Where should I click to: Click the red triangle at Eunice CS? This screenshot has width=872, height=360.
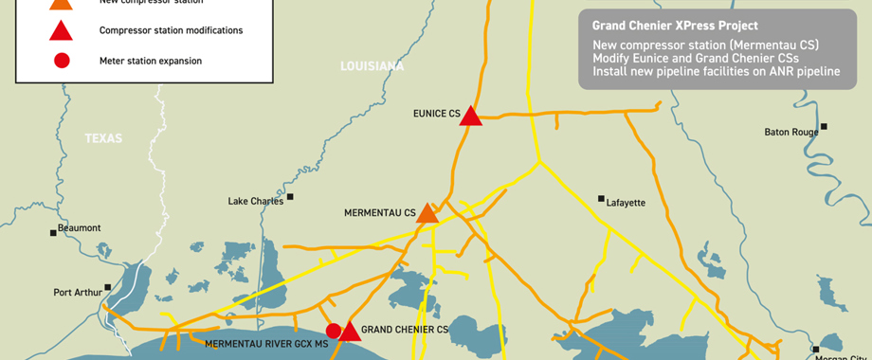pos(471,116)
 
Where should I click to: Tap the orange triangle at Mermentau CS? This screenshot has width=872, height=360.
pos(427,213)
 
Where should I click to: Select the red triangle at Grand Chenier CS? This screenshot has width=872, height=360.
pos(351,332)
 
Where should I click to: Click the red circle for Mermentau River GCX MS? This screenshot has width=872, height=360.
pos(334,331)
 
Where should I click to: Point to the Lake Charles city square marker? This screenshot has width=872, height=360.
pos(291,197)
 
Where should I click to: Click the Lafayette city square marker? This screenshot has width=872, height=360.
pos(601,199)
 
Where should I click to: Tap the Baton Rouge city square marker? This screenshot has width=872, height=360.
pos(825,127)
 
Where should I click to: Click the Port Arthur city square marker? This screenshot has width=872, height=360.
pos(108,287)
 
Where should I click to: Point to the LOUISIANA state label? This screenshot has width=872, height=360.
pos(372,66)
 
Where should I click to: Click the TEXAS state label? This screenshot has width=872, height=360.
pos(103,138)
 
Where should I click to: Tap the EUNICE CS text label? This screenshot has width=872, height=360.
pos(435,114)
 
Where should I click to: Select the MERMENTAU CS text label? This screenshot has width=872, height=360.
pos(379,214)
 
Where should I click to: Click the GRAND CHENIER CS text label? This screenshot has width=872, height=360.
pos(405,330)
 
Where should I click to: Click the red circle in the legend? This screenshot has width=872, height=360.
pos(62,61)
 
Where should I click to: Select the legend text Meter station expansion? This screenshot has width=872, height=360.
pos(151,61)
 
